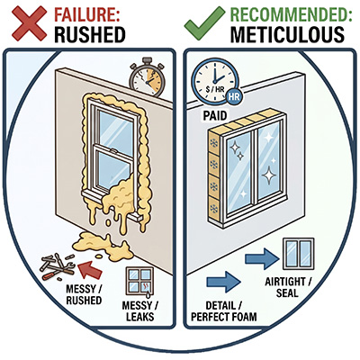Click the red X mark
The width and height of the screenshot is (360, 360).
pyautogui.click(x=29, y=23)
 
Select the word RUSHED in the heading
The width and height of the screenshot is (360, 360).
pyautogui.click(x=90, y=34)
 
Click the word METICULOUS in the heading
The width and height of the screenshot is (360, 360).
pyautogui.click(x=287, y=34)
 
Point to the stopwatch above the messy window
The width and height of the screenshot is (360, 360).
pyautogui.click(x=148, y=79)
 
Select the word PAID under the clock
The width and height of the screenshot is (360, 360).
pyautogui.click(x=215, y=115)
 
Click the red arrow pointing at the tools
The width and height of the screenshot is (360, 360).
pyautogui.click(x=90, y=269)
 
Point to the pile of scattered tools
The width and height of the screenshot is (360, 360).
pyautogui.click(x=58, y=265)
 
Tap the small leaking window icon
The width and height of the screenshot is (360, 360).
pyautogui.click(x=139, y=281)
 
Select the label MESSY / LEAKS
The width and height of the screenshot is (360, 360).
pyautogui.click(x=140, y=311)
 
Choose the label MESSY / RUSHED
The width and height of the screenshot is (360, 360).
pyautogui.click(x=84, y=294)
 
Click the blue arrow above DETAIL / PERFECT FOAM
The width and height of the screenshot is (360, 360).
pyautogui.click(x=223, y=282)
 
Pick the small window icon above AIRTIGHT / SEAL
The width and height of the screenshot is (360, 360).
pyautogui.click(x=299, y=254)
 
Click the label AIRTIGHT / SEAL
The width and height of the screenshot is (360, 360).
pyautogui.click(x=289, y=287)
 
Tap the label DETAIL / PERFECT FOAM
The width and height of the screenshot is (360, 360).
pyautogui.click(x=224, y=311)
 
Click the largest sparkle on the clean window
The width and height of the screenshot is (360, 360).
pyautogui.click(x=268, y=175)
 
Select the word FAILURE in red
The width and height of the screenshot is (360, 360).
pyautogui.click(x=87, y=14)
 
